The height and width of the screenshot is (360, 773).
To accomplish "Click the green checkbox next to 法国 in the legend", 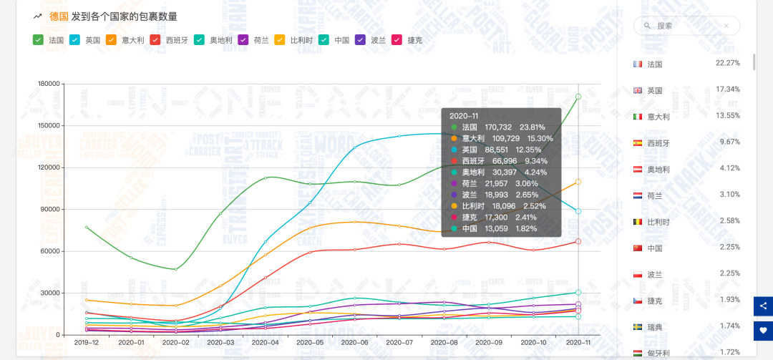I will (x=38, y=40).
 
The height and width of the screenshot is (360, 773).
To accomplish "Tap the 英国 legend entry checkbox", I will (x=75, y=40).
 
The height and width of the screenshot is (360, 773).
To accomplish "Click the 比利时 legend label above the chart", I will (x=301, y=40).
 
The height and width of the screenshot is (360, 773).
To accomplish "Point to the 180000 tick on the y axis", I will (x=48, y=84).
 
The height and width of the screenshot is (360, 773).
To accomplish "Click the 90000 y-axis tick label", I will (x=50, y=210).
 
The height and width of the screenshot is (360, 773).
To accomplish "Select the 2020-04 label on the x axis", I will (x=264, y=343).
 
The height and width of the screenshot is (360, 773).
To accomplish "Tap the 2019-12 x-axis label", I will (x=87, y=343).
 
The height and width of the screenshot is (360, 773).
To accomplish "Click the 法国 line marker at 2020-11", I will (x=578, y=97).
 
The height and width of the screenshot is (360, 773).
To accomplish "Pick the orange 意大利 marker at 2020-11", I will (x=578, y=182).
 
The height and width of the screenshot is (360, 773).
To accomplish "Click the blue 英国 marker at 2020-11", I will (x=578, y=211).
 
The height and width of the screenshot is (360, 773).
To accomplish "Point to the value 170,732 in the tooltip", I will (x=498, y=127).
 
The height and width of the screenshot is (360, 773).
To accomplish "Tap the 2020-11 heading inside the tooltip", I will (x=464, y=115).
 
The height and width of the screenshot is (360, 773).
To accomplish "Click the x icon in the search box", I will (x=726, y=26).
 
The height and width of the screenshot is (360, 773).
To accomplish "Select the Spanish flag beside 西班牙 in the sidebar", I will (x=638, y=143).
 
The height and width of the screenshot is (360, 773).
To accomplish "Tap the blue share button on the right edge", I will (x=763, y=306).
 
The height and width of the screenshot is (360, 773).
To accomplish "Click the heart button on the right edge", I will (x=763, y=331).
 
